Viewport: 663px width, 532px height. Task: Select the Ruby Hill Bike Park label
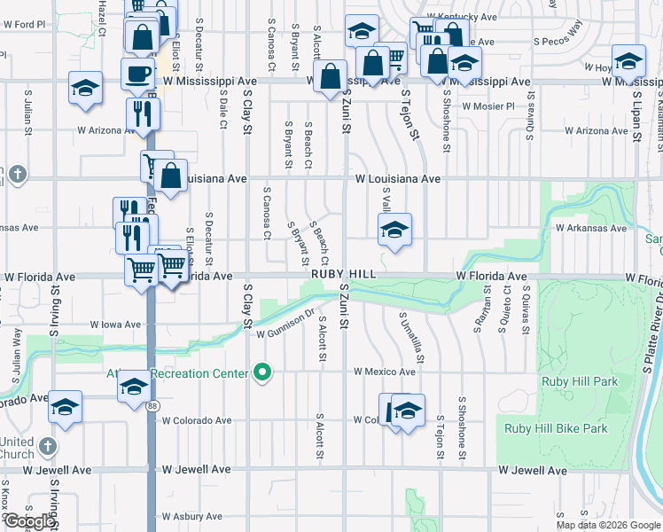tap(556, 428)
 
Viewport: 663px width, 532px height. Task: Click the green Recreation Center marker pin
tap(261, 372)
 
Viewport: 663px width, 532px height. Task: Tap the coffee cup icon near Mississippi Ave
tap(138, 74)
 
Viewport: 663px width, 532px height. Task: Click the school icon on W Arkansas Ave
tap(394, 231)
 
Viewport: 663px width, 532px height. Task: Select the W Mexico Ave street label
tap(385, 372)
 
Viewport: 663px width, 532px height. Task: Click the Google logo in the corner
tap(28, 521)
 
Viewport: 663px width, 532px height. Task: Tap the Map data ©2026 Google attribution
tap(607, 525)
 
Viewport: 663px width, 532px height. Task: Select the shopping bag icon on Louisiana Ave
tap(171, 175)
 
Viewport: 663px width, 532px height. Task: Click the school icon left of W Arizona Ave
tap(85, 89)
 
